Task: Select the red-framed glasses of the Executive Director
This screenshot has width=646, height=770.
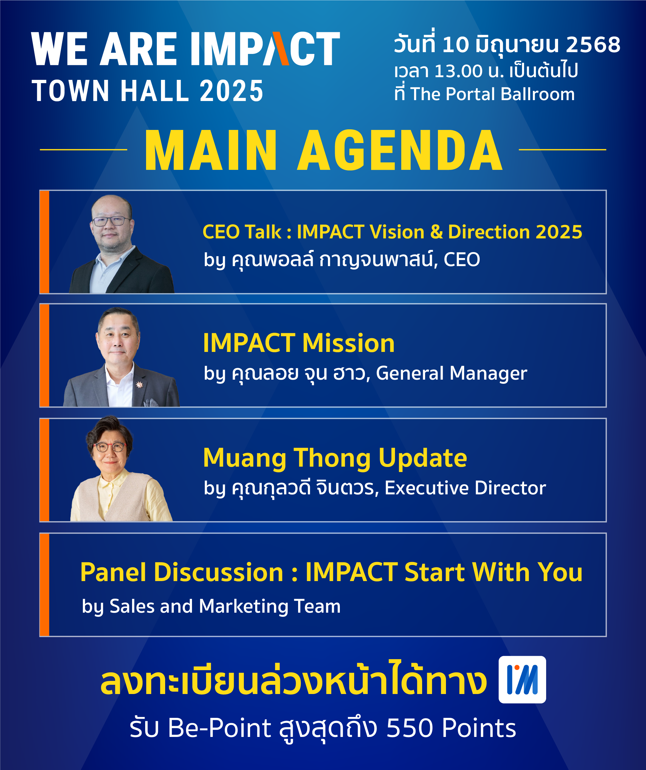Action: pos(109,447)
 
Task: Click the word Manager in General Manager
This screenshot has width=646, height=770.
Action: pos(488,373)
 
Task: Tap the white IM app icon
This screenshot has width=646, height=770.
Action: pos(522,679)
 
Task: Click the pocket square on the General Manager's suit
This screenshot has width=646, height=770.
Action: pos(151,402)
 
